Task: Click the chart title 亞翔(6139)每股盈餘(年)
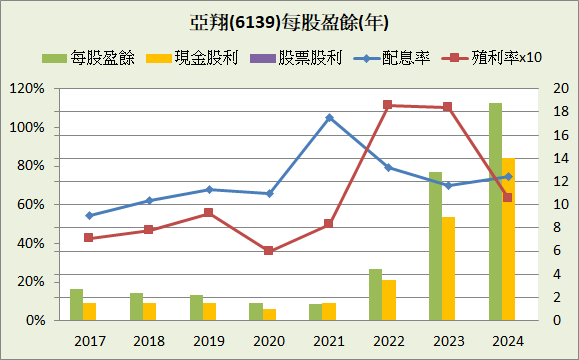(289, 22)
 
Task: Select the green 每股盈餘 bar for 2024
(495, 212)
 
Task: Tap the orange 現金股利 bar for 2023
(448, 268)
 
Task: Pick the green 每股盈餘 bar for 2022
(375, 294)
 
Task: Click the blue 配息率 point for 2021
(329, 118)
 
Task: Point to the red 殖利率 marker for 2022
(388, 105)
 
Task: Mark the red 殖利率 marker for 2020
(268, 250)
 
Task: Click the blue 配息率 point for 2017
(89, 215)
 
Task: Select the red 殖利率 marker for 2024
(507, 198)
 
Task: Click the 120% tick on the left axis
(28, 89)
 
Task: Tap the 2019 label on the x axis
(209, 341)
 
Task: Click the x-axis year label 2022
(388, 341)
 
